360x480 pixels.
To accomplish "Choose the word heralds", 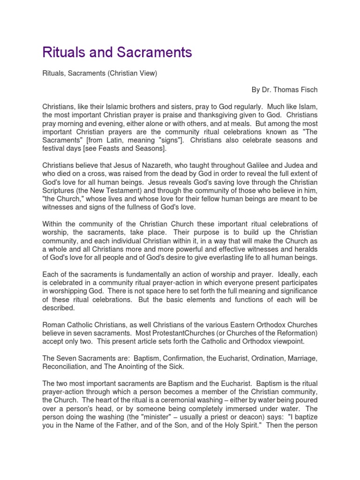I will [x=305, y=250].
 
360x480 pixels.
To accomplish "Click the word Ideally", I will [x=287, y=275].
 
